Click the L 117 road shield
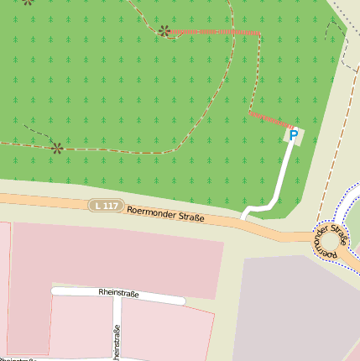[x=107, y=206]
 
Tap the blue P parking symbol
[x=294, y=135]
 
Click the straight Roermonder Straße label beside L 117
[x=165, y=215]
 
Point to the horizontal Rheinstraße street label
[x=118, y=294]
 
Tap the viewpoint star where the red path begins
[x=164, y=31]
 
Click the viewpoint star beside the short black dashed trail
[x=56, y=148]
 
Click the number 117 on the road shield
[x=111, y=206]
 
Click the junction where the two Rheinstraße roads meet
[x=117, y=298]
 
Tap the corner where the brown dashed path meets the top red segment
[x=259, y=34]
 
